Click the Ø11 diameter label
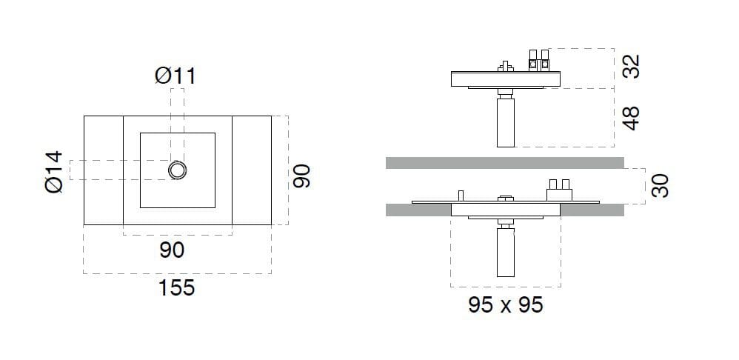tap(175, 76)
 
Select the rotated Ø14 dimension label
tap(53, 172)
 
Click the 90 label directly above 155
tap(172, 250)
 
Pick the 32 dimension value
tap(630, 67)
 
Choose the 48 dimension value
tap(630, 118)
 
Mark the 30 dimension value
tap(661, 185)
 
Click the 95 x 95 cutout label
tap(506, 304)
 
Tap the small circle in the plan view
tap(178, 170)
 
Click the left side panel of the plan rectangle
tap(103, 170)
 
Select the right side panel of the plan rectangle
tap(252, 170)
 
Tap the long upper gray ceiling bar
tap(504, 162)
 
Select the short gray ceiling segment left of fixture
tap(418, 210)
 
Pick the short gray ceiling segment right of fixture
tap(592, 210)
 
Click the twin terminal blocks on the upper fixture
tap(539, 61)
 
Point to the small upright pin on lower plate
tap(460, 195)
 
